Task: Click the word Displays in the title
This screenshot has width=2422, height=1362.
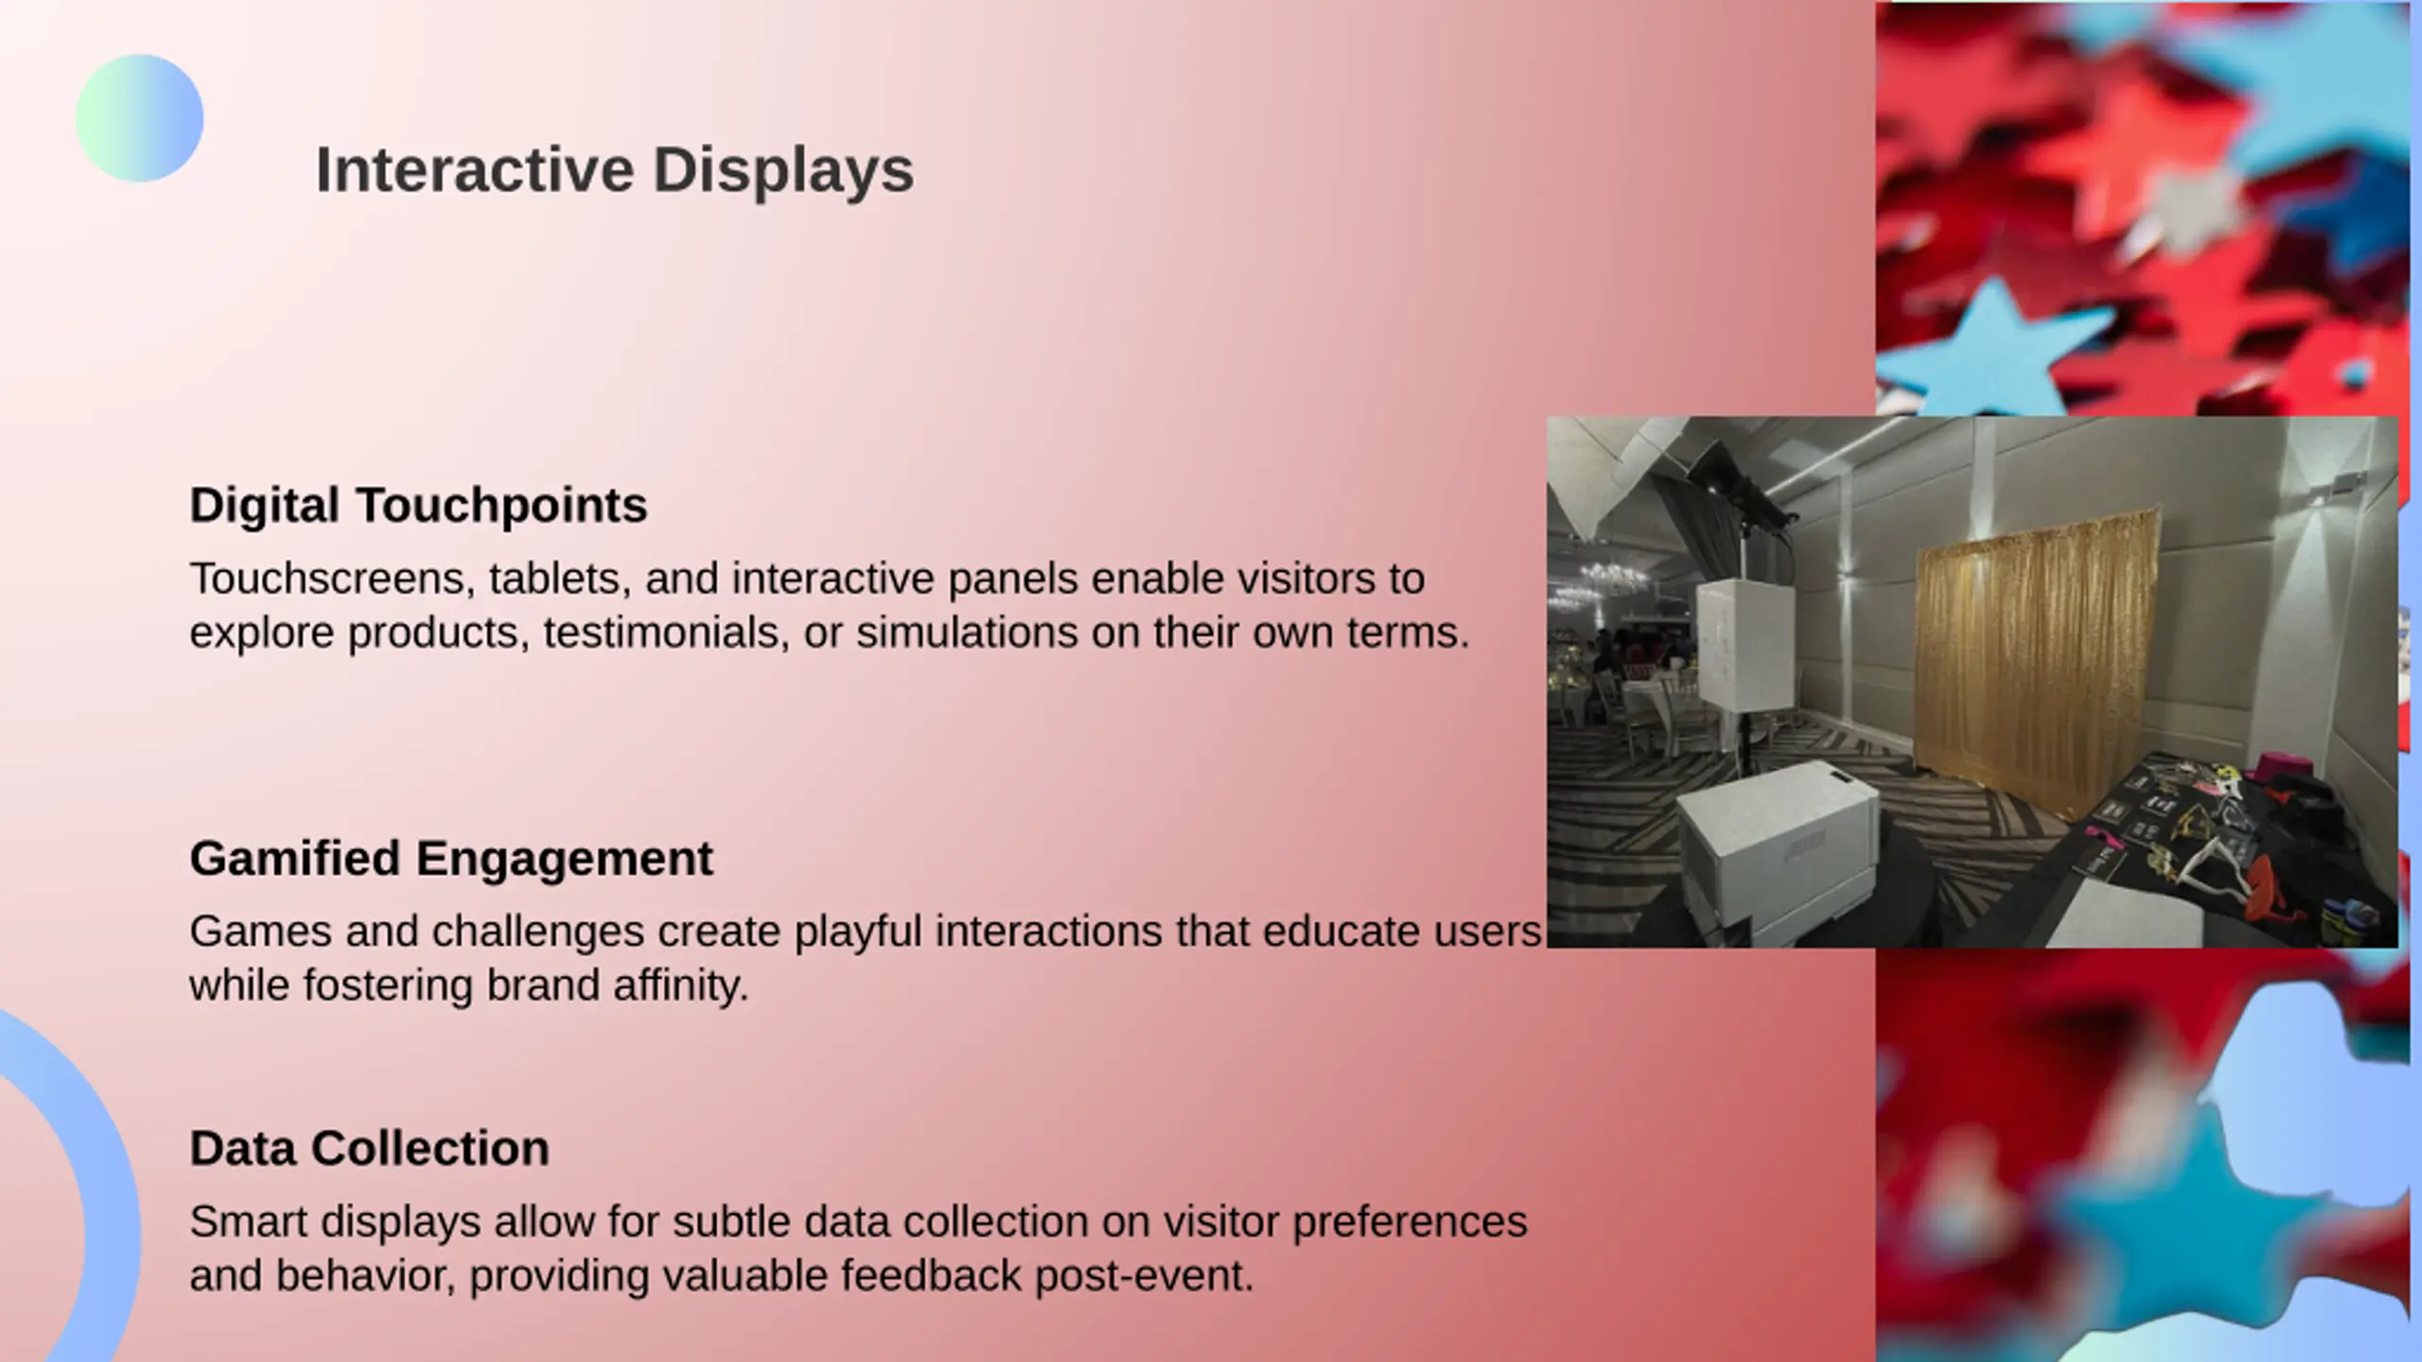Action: tap(783, 172)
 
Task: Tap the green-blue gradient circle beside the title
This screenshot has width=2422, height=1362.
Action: tap(140, 118)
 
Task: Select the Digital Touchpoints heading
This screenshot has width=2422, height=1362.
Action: tap(418, 505)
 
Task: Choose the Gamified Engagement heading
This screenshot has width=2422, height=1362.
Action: tap(451, 859)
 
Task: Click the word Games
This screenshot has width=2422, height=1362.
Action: tap(260, 932)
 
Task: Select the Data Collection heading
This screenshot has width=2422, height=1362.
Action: tap(369, 1148)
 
